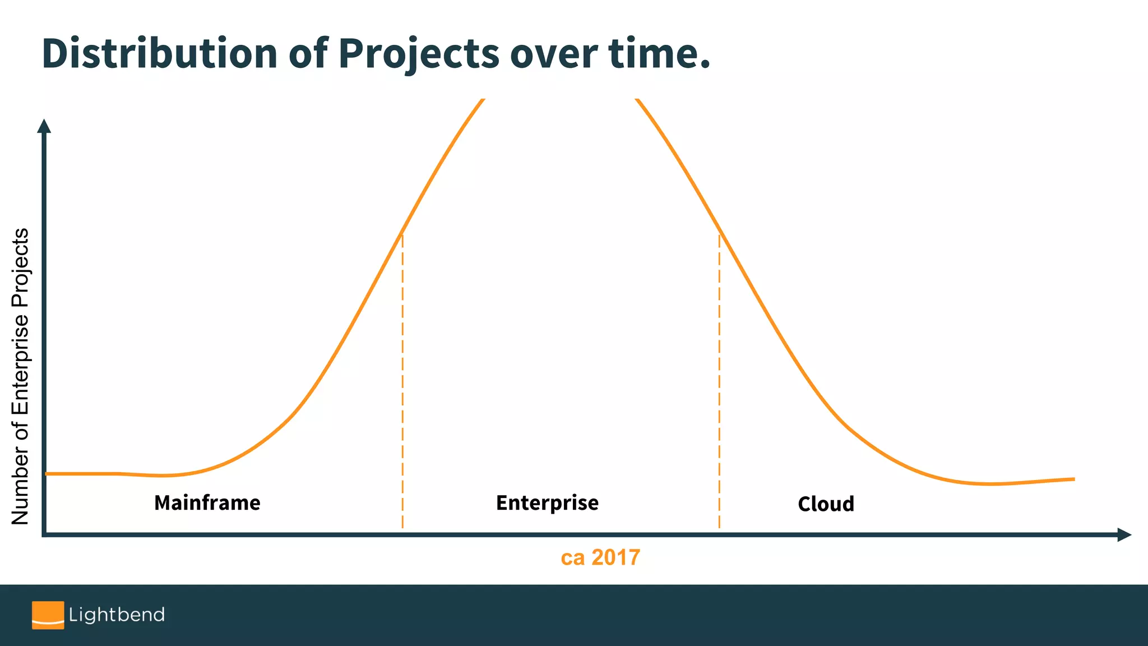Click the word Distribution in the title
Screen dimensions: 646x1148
(x=159, y=53)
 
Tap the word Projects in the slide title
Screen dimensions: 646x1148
(x=418, y=54)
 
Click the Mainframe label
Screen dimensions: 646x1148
(x=207, y=503)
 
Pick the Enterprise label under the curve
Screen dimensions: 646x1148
(x=547, y=503)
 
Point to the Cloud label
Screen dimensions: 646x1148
(x=826, y=504)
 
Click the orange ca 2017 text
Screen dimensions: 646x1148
(x=600, y=557)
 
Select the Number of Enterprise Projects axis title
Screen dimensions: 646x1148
(x=20, y=376)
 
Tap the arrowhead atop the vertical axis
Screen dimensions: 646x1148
(x=44, y=126)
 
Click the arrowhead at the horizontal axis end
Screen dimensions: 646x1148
(x=1124, y=535)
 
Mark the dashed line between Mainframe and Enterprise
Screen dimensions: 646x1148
(x=402, y=381)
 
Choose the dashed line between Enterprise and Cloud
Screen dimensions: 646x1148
(x=719, y=381)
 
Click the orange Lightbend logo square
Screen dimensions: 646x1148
(x=48, y=615)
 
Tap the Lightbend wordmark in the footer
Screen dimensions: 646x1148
(x=117, y=615)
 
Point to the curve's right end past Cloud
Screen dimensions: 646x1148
(x=1073, y=479)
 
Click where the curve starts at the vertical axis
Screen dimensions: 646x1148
(x=47, y=474)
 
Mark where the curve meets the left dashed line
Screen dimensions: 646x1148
(x=402, y=232)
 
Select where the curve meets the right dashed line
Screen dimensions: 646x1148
(x=719, y=232)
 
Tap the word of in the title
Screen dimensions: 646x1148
(x=308, y=53)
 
